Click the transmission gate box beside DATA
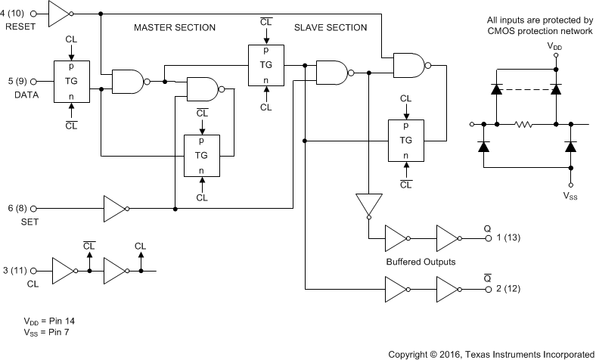[x=72, y=81]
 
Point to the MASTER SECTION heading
[x=175, y=27]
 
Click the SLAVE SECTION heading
[x=331, y=27]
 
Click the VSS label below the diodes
[x=572, y=194]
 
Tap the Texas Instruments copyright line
[x=491, y=353]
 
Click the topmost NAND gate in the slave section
[x=409, y=66]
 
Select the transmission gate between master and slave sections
[x=266, y=66]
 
